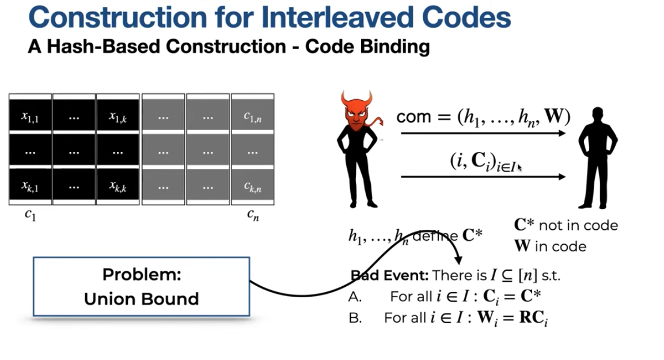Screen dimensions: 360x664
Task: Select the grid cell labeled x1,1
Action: [31, 117]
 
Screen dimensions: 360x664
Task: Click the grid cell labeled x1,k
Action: [118, 117]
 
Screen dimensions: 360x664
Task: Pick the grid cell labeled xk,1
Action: [31, 186]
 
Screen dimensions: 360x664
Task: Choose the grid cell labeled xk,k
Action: [118, 186]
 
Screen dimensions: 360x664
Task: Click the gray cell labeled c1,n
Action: [252, 117]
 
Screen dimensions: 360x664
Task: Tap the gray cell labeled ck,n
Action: [252, 187]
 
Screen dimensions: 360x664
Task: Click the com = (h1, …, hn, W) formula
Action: [483, 117]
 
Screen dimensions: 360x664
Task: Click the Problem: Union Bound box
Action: [141, 286]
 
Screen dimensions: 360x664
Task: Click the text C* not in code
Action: [566, 225]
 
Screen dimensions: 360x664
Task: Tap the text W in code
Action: [550, 247]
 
